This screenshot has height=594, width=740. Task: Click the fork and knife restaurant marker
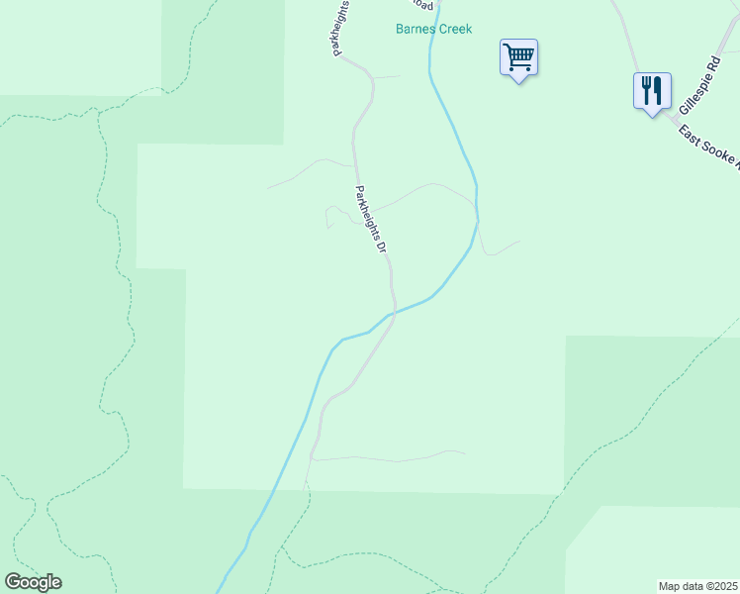point(652,90)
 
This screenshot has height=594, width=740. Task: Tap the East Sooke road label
point(708,148)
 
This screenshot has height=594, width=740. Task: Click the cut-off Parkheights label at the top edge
point(341,28)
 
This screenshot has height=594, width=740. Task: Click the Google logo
point(33,582)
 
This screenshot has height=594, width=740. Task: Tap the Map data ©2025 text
point(698,586)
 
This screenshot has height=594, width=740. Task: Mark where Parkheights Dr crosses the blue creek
point(394,314)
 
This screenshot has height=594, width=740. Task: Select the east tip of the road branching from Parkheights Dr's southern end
point(464,453)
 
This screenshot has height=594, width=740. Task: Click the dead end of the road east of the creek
point(519,242)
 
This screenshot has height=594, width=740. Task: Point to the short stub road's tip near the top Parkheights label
point(401,76)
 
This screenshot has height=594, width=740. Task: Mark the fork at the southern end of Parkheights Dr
point(313,458)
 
